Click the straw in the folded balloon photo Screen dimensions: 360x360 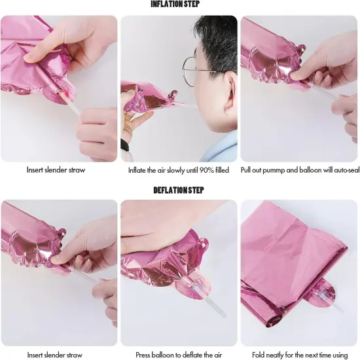331,304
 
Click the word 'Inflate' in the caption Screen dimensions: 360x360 137,170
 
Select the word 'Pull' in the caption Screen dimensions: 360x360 247,170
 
